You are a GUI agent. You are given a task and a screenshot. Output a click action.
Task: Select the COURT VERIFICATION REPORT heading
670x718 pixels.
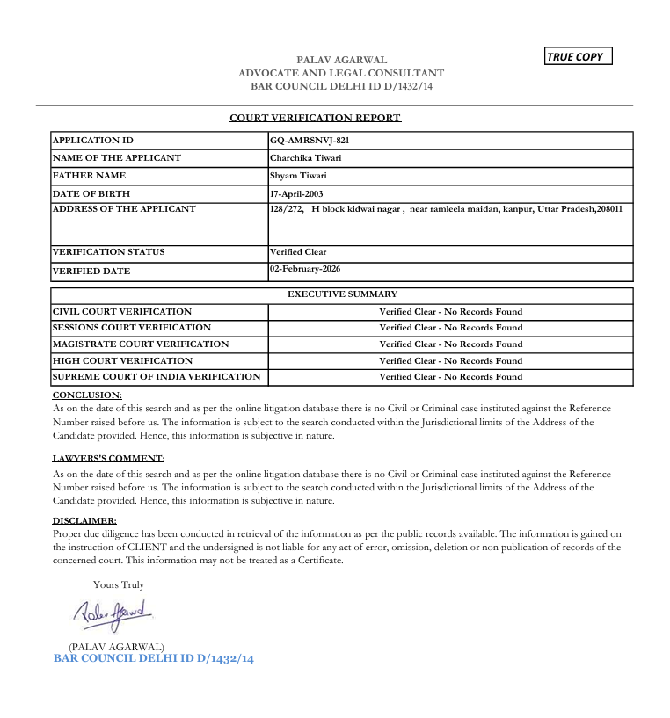pos(315,118)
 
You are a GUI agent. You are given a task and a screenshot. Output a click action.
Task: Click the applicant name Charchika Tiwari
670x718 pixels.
pos(306,158)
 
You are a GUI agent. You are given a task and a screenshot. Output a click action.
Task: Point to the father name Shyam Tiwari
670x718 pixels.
pos(299,176)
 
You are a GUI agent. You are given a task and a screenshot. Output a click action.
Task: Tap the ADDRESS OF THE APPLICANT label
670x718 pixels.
pos(124,209)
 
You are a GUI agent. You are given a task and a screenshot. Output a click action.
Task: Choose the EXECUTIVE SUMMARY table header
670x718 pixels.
pos(342,294)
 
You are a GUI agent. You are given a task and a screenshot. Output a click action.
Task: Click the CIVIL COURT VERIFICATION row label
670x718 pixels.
pos(122,311)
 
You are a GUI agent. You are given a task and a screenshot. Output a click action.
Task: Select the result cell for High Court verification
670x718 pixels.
pos(450,360)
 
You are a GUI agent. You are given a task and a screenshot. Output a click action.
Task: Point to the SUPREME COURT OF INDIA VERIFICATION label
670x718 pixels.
pos(157,376)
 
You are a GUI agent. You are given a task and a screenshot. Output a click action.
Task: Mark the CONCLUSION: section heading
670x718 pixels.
pos(87,395)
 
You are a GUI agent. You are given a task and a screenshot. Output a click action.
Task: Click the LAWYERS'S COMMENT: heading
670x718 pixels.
pos(108,458)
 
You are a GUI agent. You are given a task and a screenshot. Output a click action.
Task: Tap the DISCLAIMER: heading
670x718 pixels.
pos(84,520)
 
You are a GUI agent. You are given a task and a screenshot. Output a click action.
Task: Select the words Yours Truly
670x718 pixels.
pos(119,584)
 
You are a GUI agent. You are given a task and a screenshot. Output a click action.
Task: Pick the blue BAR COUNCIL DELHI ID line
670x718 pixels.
pos(154,658)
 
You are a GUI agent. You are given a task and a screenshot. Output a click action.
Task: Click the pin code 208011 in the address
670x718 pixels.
pos(608,209)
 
